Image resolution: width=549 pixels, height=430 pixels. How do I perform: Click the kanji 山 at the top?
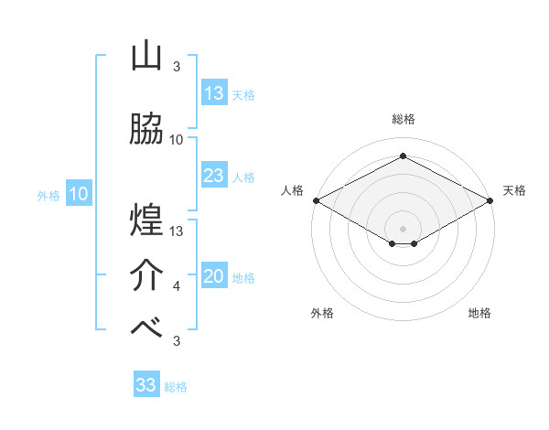[146, 58]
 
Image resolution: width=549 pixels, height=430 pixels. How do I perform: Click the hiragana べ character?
[146, 328]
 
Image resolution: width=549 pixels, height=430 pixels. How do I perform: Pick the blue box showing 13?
[214, 93]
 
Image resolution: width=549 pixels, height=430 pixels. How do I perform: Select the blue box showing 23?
[214, 176]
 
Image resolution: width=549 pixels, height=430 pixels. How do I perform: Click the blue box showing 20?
[214, 277]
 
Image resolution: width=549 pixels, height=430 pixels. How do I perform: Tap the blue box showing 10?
[79, 194]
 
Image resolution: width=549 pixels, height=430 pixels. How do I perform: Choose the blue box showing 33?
[146, 385]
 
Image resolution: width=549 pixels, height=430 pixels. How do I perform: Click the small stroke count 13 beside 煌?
[177, 231]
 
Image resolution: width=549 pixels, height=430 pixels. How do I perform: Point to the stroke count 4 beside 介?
[177, 287]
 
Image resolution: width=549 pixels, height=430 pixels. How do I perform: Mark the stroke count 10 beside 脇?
[177, 140]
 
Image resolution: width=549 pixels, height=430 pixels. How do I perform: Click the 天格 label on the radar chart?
[514, 190]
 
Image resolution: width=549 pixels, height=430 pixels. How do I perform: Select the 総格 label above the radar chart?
[403, 119]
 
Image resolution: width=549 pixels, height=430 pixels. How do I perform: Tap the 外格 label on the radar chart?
[322, 313]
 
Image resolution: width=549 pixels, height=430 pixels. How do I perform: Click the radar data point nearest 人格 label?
[316, 200]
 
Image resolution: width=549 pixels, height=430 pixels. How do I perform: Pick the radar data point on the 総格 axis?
[403, 156]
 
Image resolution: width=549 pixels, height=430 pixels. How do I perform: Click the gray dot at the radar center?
[403, 227]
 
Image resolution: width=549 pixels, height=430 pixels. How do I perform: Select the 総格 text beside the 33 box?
[176, 387]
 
